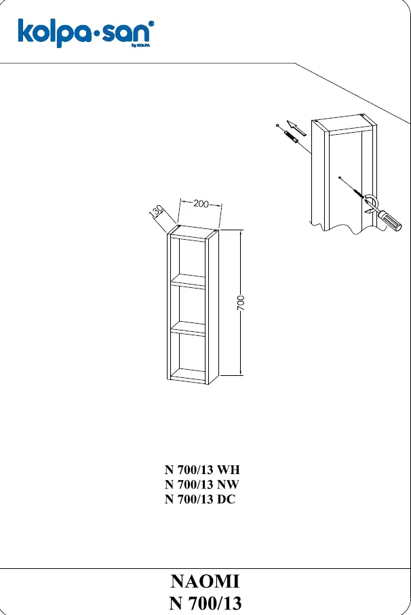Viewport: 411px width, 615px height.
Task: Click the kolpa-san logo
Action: [x=85, y=33]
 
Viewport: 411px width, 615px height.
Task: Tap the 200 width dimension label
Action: [x=201, y=204]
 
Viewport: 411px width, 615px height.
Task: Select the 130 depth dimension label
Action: [x=157, y=211]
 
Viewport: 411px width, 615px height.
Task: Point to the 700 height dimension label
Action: [x=241, y=303]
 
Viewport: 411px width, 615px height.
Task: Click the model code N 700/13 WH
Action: [x=202, y=469]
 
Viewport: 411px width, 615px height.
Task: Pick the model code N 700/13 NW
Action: [x=201, y=484]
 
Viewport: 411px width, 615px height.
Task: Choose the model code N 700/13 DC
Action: [x=200, y=499]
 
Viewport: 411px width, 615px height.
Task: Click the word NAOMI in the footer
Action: [x=205, y=581]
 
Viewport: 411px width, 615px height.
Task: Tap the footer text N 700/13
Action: [x=205, y=603]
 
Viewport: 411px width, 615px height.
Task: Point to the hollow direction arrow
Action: [x=296, y=128]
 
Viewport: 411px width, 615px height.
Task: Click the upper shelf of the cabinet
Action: [x=188, y=281]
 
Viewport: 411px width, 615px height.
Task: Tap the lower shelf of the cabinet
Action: [x=188, y=328]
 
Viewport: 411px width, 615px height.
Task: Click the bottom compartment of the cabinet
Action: [x=188, y=355]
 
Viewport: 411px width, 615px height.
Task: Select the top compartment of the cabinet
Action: [x=188, y=259]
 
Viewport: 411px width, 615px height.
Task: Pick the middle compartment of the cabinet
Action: [x=188, y=306]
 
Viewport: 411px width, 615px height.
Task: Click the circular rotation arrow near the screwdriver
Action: [x=372, y=200]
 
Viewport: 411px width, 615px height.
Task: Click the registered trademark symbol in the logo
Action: [x=152, y=24]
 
